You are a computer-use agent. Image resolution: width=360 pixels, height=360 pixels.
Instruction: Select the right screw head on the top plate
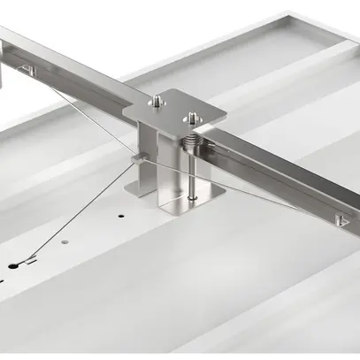click(x=189, y=115)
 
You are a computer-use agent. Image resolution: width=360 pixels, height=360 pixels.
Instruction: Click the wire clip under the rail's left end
click(x=27, y=70)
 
